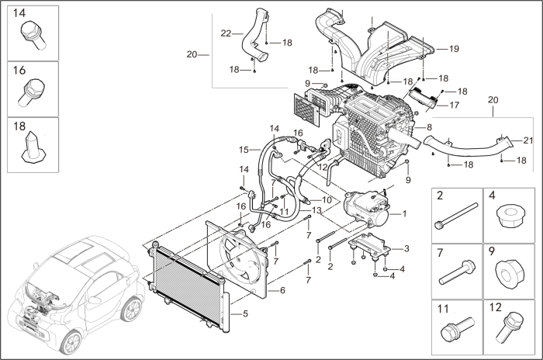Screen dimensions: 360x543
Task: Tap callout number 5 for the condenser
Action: (x=246, y=314)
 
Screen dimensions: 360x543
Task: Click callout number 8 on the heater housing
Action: (x=428, y=126)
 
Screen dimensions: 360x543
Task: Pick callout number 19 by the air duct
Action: (x=454, y=49)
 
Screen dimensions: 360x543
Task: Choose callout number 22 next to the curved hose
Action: (x=226, y=33)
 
